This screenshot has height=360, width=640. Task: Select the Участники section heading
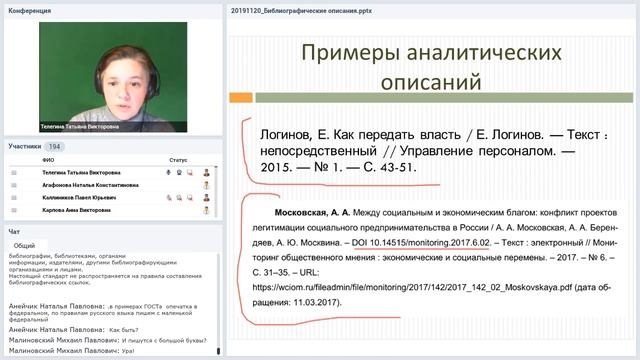[25, 146]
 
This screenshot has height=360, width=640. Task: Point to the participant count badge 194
[56, 146]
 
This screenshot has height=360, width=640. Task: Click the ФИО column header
[49, 159]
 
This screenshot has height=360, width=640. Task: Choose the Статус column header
[178, 159]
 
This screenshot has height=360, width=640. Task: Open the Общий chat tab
[25, 245]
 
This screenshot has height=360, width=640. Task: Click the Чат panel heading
[14, 231]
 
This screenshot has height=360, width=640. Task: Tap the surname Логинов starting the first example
[274, 133]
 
